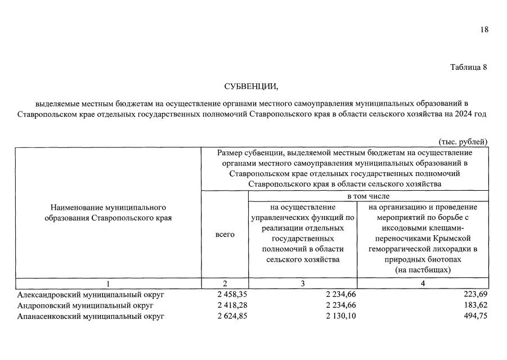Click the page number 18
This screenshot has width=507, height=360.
484,30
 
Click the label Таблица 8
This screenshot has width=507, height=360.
468,67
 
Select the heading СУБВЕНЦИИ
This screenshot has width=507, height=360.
251,86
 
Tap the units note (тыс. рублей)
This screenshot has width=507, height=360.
463,142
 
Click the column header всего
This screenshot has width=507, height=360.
225,234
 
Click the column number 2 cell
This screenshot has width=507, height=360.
225,283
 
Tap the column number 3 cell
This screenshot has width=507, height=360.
302,283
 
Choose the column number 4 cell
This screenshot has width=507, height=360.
423,283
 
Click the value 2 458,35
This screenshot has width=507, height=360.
232,294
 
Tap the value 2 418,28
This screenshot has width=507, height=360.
232,305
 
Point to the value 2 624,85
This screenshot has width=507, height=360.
232,316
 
